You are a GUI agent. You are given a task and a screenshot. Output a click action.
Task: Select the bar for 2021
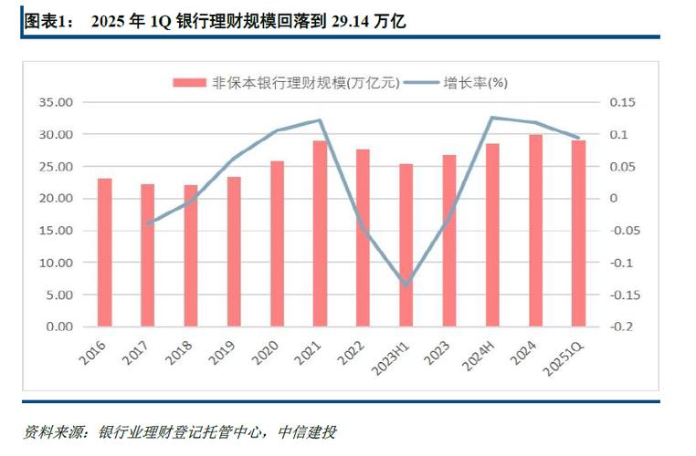320,233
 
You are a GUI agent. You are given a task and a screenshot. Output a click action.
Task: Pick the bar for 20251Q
578,233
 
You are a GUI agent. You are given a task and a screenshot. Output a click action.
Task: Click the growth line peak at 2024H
492,118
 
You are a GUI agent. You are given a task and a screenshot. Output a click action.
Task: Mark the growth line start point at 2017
148,223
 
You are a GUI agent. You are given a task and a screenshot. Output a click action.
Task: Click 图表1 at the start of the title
42,20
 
